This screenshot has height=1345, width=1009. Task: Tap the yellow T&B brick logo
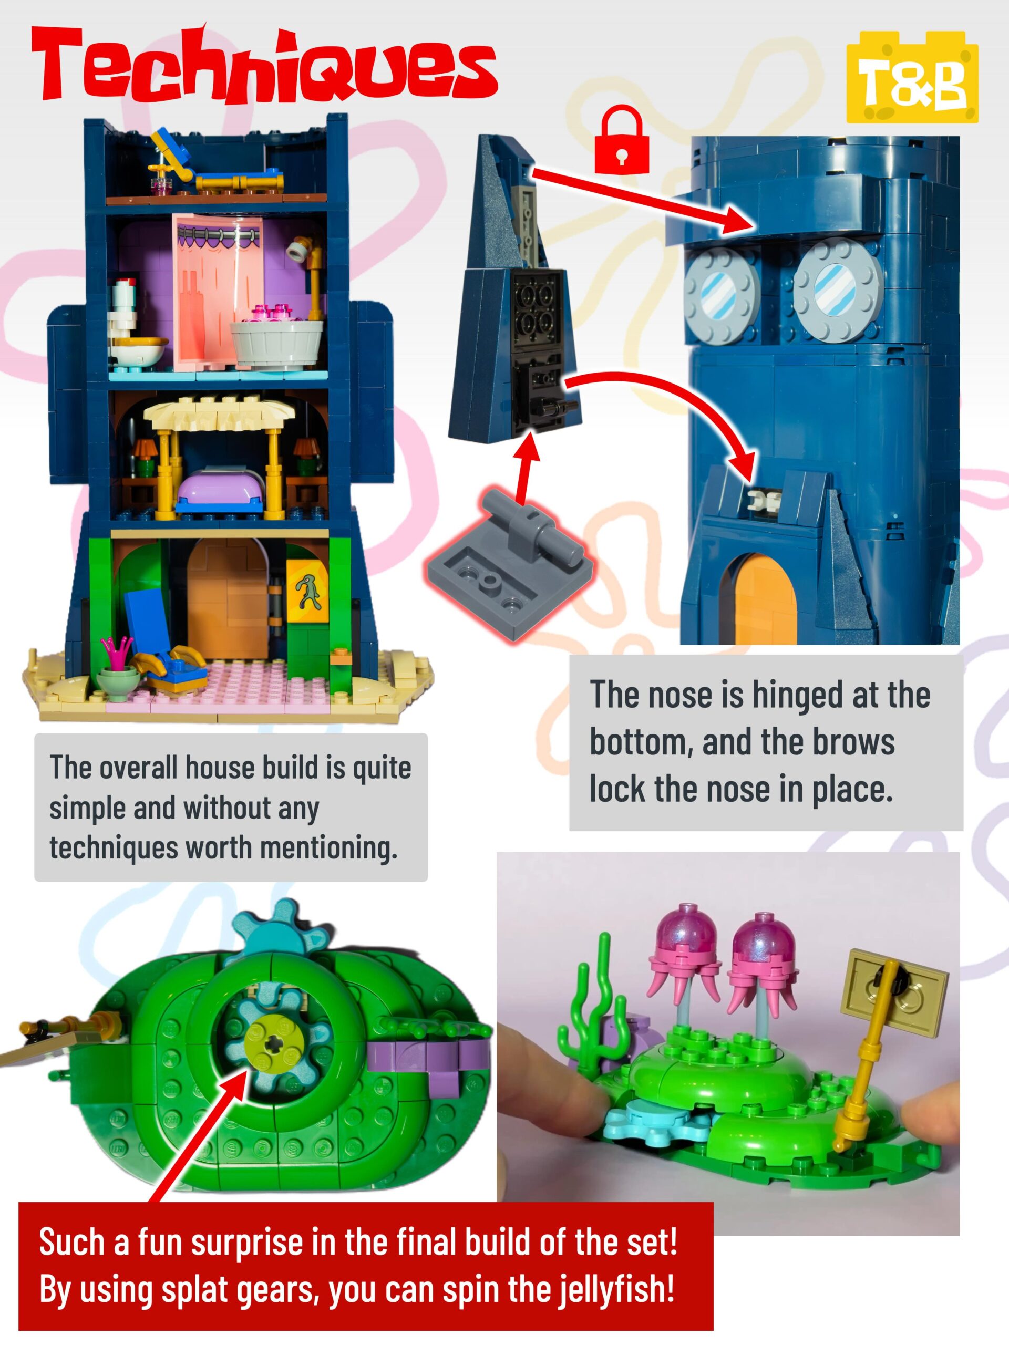912,77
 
